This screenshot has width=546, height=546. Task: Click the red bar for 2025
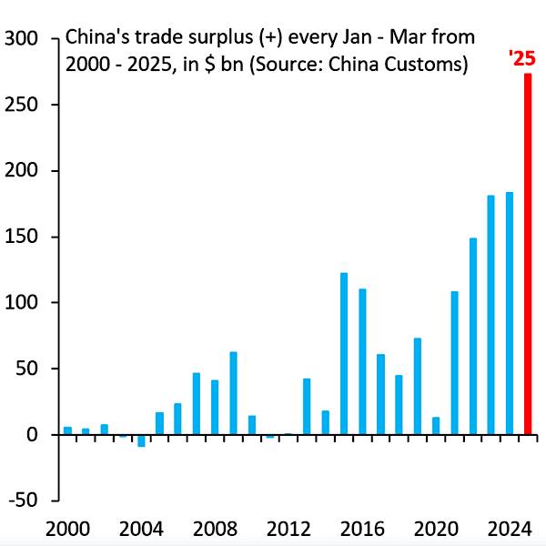point(528,255)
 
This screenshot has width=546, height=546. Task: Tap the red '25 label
point(521,60)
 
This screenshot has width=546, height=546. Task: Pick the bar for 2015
point(344,354)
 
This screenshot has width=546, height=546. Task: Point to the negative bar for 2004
point(141,440)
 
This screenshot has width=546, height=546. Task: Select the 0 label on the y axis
point(31,435)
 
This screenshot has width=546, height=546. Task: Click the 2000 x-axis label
point(67,529)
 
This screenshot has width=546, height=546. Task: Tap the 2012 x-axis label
point(288,529)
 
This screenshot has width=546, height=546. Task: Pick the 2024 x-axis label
point(510,529)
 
